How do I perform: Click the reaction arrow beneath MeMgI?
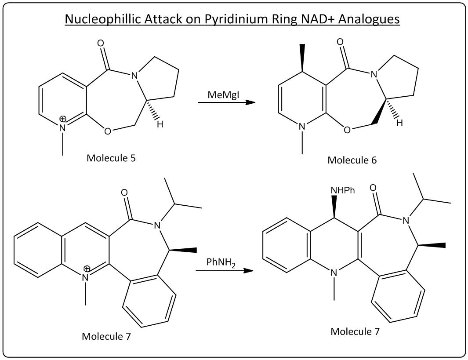point(226,102)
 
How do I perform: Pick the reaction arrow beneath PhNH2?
point(225,270)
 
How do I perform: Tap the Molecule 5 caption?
point(111,158)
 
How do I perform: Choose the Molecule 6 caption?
point(352,160)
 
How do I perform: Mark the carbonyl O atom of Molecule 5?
point(101,44)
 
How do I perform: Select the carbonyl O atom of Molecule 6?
point(340,42)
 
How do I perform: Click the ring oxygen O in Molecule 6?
point(347,131)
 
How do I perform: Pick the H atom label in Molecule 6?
point(399,123)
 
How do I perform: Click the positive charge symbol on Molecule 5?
point(63,119)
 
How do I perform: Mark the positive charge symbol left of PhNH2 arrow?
point(87,269)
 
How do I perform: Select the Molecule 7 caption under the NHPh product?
point(355,331)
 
